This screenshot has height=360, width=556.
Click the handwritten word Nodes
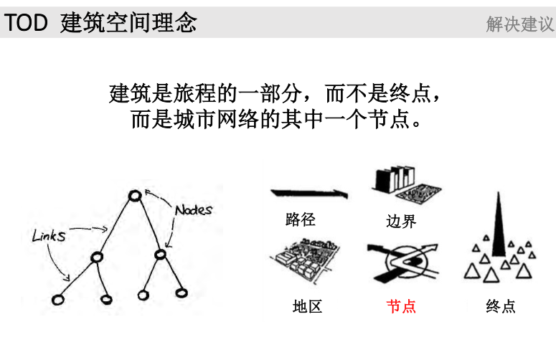pyautogui.click(x=194, y=210)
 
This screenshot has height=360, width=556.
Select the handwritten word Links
pyautogui.click(x=49, y=235)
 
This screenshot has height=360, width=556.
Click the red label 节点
pyautogui.click(x=401, y=306)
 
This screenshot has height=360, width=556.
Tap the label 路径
pyautogui.click(x=300, y=219)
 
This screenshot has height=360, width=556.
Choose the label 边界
pyautogui.click(x=401, y=222)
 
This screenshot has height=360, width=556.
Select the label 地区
pyautogui.click(x=307, y=306)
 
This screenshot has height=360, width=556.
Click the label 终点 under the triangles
pyautogui.click(x=500, y=306)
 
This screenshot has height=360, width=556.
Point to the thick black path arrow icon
pyautogui.click(x=308, y=194)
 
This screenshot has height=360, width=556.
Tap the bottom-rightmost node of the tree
pyautogui.click(x=182, y=293)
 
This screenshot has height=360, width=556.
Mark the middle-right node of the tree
pyautogui.click(x=161, y=255)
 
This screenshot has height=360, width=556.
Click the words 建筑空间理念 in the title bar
pyautogui.click(x=129, y=23)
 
